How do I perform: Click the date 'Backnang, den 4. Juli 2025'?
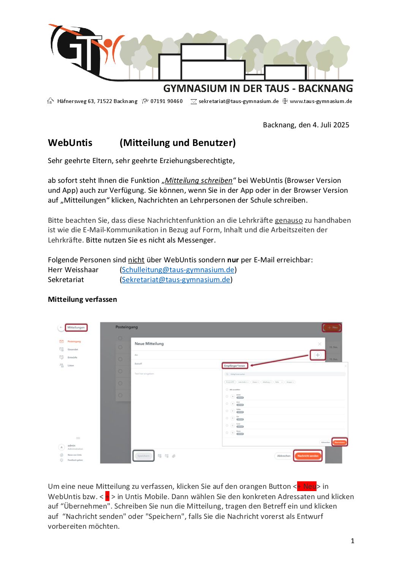306,125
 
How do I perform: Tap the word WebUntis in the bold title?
70,143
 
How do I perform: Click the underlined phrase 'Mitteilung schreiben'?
198,181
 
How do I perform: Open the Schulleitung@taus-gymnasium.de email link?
178,270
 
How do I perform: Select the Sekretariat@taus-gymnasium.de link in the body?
176,280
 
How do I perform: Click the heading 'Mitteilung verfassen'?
82,300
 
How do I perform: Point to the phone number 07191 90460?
166,101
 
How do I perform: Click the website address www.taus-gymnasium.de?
321,101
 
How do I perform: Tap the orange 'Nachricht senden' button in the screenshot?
308,456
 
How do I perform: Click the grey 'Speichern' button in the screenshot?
143,456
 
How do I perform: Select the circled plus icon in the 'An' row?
318,355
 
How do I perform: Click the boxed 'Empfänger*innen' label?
234,366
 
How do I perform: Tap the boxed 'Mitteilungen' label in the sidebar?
76,327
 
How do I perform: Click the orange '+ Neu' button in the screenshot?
332,327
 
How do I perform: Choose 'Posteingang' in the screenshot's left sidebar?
74,341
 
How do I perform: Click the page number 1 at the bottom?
353,541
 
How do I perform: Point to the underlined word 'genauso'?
289,220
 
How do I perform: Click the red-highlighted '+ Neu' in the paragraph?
307,487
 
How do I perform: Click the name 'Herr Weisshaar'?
73,270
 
